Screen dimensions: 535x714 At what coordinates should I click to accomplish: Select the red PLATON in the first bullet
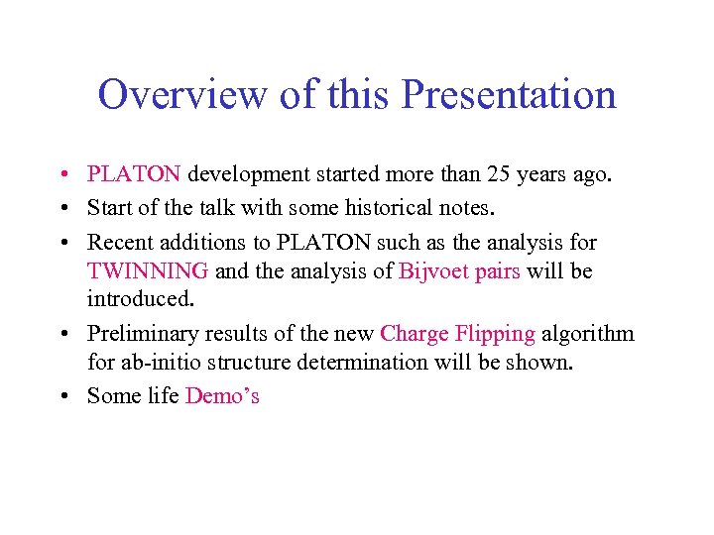click(134, 175)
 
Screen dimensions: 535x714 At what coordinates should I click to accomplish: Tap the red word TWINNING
click(147, 270)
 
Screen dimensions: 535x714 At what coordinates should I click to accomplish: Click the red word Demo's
click(222, 396)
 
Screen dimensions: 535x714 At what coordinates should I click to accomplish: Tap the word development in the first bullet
click(249, 175)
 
